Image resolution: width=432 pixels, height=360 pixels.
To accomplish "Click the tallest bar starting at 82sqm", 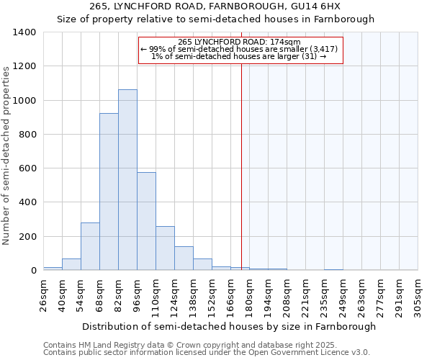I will click(x=127, y=180).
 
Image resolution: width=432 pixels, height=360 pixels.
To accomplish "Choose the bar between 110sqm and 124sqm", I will click(x=165, y=248).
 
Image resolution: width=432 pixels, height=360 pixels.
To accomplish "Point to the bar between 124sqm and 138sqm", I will click(x=184, y=258).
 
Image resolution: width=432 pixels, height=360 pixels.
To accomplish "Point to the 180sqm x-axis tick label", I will click(x=250, y=295).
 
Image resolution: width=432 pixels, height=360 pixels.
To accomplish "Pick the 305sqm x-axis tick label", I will click(x=418, y=295).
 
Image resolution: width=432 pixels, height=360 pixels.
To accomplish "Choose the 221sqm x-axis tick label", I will click(x=306, y=295).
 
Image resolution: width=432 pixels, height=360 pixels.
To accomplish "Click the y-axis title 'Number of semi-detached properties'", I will click(x=6, y=155).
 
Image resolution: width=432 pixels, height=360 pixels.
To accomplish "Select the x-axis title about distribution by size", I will click(x=229, y=326).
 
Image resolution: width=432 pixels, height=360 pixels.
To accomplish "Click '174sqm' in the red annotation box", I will click(x=294, y=42).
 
